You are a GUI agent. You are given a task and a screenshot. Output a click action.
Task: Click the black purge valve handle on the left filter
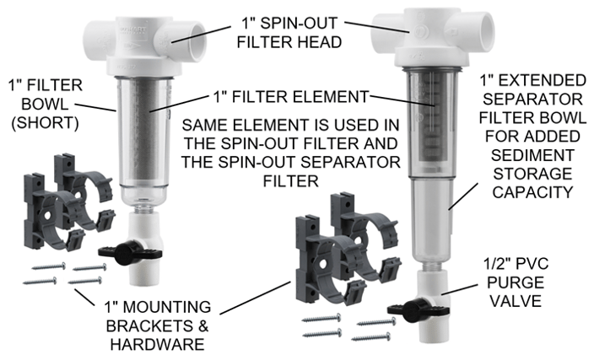click(x=117, y=250)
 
